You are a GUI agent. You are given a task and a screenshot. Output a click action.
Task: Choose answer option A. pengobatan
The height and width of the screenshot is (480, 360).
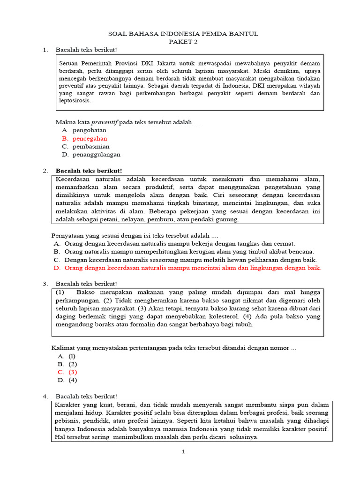pos(84,130)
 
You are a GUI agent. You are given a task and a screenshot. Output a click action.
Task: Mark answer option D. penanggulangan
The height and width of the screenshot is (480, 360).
pos(91,154)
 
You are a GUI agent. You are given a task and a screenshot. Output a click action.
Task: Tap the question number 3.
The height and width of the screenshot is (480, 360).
pos(45,284)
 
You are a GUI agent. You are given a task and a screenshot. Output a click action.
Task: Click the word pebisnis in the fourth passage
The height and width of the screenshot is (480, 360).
pos(68,421)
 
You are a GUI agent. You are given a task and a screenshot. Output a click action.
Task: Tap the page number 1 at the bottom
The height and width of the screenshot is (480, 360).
pos(184,452)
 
